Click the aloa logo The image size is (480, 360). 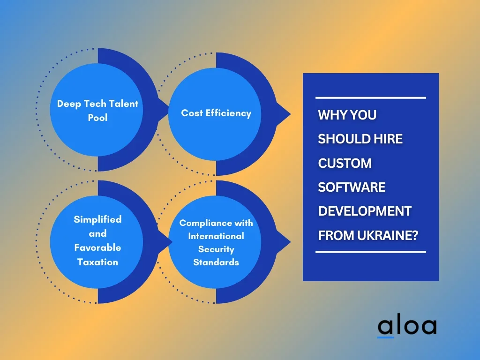(x=407, y=327)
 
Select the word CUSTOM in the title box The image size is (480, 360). (x=345, y=163)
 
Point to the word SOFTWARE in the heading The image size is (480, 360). (x=352, y=187)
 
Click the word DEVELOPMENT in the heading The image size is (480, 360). (x=365, y=211)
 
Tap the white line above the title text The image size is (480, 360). (x=371, y=98)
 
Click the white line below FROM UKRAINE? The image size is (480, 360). (x=371, y=252)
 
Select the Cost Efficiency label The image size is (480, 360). (x=216, y=113)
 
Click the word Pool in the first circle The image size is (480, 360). (x=97, y=118)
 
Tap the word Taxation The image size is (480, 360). (x=97, y=262)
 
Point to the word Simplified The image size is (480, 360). (x=97, y=219)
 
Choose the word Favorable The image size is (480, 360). (x=97, y=247)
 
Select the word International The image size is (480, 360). (x=216, y=236)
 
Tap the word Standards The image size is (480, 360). (x=216, y=262)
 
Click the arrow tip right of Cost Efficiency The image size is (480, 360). (x=290, y=114)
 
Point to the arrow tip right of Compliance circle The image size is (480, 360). (x=290, y=242)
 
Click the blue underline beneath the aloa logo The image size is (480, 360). (x=386, y=337)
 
